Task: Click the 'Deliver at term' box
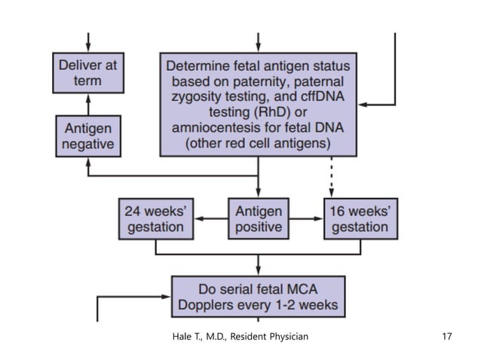[88, 72]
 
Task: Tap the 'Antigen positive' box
[259, 217]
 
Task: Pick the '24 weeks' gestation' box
[155, 217]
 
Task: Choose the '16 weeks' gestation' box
[360, 217]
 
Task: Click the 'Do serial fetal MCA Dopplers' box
[259, 297]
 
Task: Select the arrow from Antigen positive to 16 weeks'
[306, 217]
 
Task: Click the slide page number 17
[446, 336]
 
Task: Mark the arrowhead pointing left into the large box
[363, 103]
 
